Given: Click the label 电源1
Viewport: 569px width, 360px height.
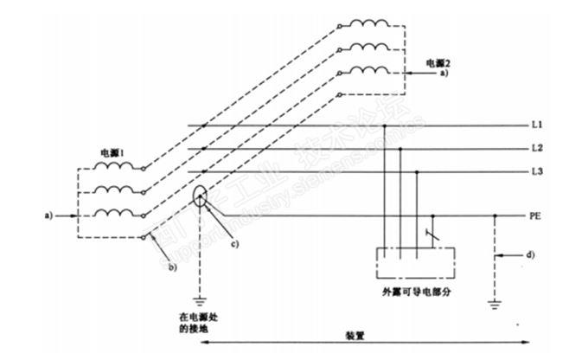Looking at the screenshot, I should coord(112,153).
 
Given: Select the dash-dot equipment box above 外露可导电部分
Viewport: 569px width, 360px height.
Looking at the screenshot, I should coord(415,262).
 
